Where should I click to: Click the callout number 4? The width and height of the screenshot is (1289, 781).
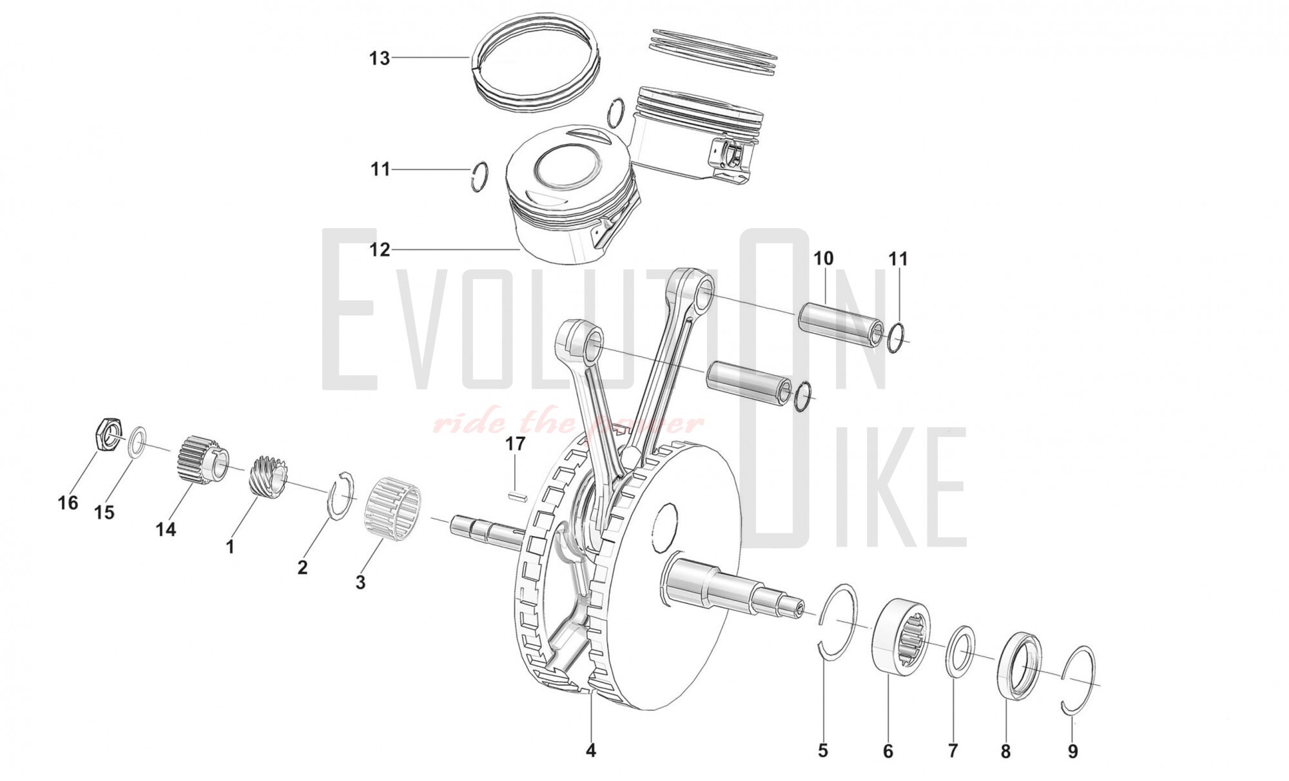[590, 750]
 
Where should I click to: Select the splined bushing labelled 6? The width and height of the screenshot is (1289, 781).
[902, 637]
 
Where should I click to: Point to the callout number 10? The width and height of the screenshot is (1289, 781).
[823, 258]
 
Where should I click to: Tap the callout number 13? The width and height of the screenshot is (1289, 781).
[380, 58]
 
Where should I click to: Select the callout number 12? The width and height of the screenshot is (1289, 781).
[380, 249]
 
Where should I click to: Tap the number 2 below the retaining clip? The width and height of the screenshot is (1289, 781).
[302, 567]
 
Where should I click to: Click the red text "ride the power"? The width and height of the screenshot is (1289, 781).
[568, 423]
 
